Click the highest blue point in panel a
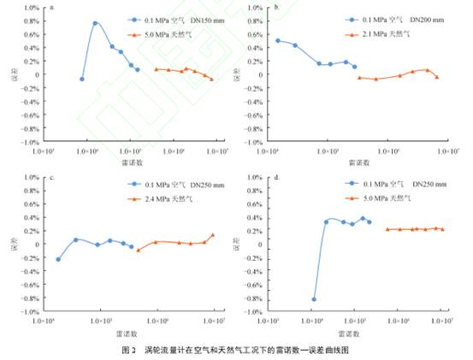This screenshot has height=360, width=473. point(95,23)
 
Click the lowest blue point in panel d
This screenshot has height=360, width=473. point(314,299)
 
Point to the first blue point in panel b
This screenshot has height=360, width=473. point(278,40)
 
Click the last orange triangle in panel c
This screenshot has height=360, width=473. point(213,235)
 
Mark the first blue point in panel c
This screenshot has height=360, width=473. point(58,259)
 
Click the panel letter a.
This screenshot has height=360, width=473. point(53,7)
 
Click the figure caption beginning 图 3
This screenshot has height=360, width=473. point(236,351)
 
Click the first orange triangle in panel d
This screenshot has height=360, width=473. point(387,229)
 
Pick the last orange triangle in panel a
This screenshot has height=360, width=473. point(211,79)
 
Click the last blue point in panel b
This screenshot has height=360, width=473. point(354,66)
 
